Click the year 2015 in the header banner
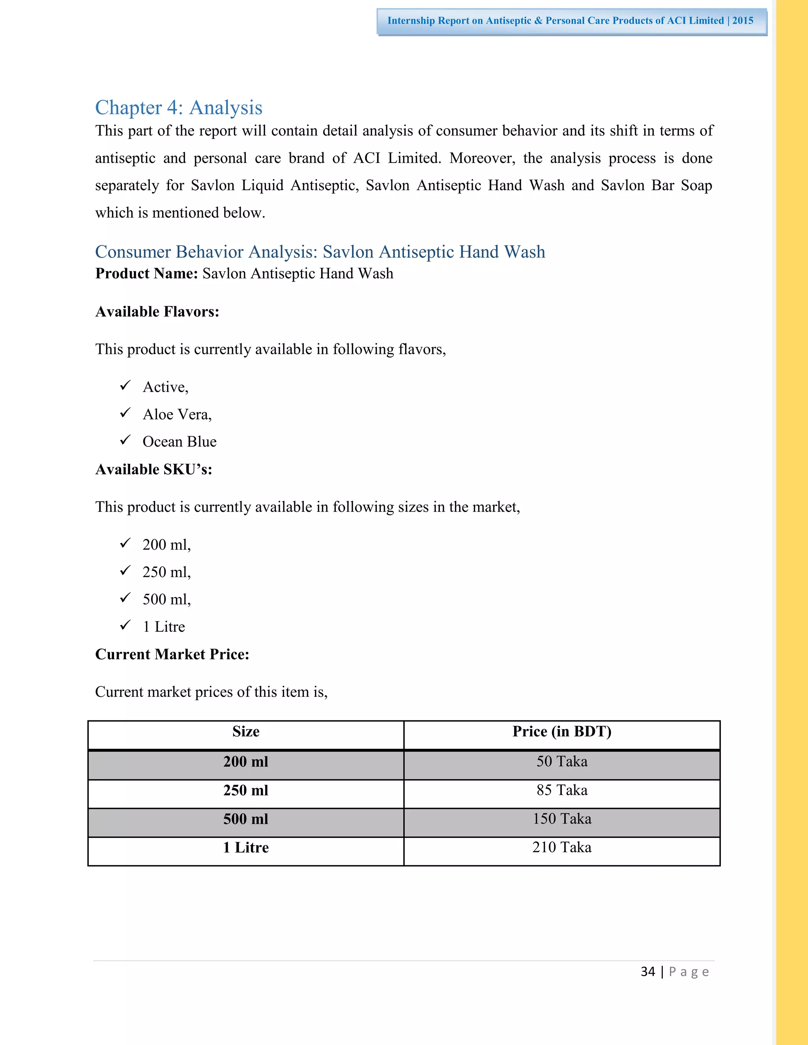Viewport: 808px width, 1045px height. tap(743, 21)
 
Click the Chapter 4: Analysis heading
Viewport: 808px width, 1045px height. tap(179, 108)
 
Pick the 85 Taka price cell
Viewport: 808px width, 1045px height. tap(561, 790)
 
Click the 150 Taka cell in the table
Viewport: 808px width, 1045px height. tap(561, 819)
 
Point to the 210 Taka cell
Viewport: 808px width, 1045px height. tap(561, 847)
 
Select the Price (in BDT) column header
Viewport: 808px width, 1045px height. tap(561, 731)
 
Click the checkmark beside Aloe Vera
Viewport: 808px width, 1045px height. tap(125, 412)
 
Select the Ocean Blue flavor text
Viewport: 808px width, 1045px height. tap(180, 442)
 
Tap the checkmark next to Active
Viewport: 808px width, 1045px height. tap(125, 385)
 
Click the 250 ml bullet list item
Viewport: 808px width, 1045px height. tap(166, 572)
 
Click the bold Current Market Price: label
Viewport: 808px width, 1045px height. tap(172, 655)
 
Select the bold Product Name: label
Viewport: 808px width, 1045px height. tap(146, 274)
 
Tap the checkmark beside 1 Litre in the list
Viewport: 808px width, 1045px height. tap(125, 625)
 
